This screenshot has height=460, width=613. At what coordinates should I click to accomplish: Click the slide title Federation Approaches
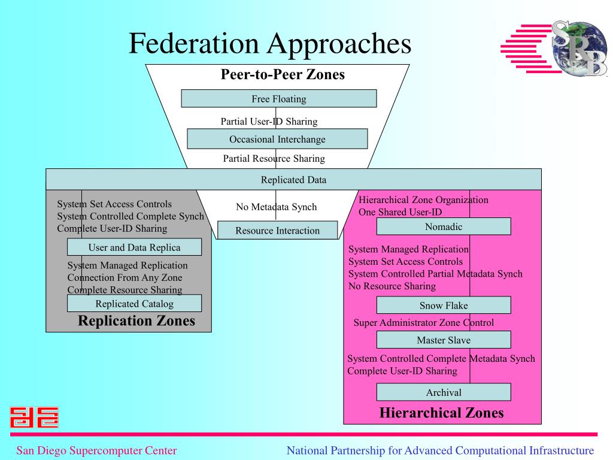[x=270, y=44]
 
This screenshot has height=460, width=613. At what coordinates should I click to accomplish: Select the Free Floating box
[x=278, y=99]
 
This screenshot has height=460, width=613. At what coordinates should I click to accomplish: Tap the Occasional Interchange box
[x=277, y=140]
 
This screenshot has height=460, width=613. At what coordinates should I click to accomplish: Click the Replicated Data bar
[x=293, y=180]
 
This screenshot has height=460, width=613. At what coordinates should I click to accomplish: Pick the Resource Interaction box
[x=277, y=231]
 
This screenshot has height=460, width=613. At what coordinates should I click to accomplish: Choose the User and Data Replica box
[x=134, y=247]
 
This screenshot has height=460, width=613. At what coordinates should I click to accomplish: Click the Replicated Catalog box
[x=134, y=304]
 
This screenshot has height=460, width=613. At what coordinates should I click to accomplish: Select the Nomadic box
[x=444, y=226]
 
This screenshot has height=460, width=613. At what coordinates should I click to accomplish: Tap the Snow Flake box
[x=444, y=305]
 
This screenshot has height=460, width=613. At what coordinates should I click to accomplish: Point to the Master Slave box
[x=444, y=340]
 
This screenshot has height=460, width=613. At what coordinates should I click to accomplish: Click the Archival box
[x=444, y=393]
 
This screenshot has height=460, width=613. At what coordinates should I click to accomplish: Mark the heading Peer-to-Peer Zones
[x=283, y=75]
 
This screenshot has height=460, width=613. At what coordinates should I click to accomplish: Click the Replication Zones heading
[x=136, y=321]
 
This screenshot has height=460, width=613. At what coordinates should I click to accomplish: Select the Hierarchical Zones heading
[x=442, y=413]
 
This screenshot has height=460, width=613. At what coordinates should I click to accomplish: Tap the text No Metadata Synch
[x=276, y=207]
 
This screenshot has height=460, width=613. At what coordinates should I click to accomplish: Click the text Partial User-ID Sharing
[x=269, y=122]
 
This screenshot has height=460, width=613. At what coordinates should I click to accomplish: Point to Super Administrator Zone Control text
[x=424, y=323]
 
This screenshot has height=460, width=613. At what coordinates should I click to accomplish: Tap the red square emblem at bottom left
[x=34, y=417]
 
